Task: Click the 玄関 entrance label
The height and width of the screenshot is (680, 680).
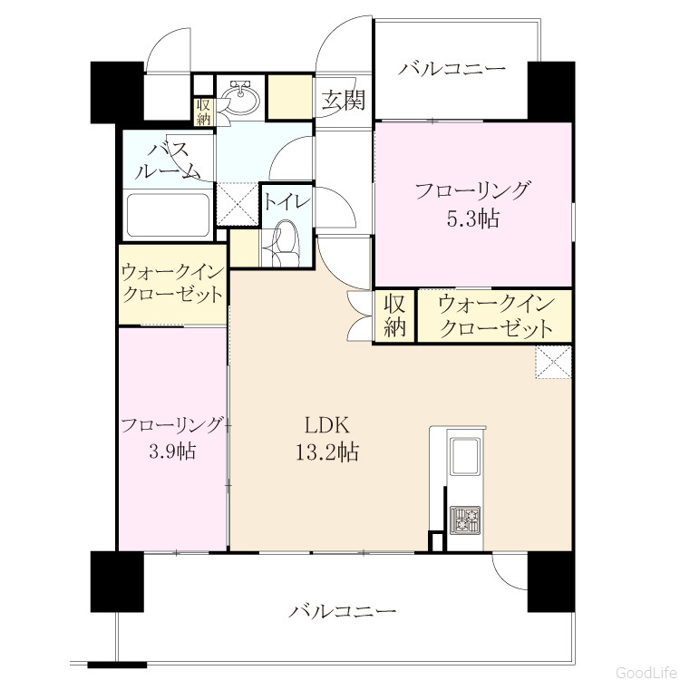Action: [343, 100]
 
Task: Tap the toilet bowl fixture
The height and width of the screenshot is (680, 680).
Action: [285, 244]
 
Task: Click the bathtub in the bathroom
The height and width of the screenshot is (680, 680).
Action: [168, 215]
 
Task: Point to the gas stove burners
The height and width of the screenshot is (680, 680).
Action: [465, 520]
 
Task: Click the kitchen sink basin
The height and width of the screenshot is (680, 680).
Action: [465, 456]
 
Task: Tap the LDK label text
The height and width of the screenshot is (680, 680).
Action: [326, 425]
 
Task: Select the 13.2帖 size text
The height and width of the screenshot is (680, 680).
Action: [327, 452]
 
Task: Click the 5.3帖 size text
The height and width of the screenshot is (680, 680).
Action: [473, 219]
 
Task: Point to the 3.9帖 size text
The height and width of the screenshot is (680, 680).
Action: [172, 452]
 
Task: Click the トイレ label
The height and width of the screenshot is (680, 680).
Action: [287, 202]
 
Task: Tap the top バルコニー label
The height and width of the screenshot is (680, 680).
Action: [452, 69]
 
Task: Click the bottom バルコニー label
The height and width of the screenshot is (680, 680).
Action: [342, 611]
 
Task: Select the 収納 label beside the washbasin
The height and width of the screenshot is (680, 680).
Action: [203, 112]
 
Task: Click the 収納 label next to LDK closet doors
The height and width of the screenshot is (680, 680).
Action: [394, 316]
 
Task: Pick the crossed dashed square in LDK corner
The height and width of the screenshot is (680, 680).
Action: [553, 362]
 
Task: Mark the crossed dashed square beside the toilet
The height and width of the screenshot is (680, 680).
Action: [238, 204]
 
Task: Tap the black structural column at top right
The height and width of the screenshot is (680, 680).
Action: [551, 92]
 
